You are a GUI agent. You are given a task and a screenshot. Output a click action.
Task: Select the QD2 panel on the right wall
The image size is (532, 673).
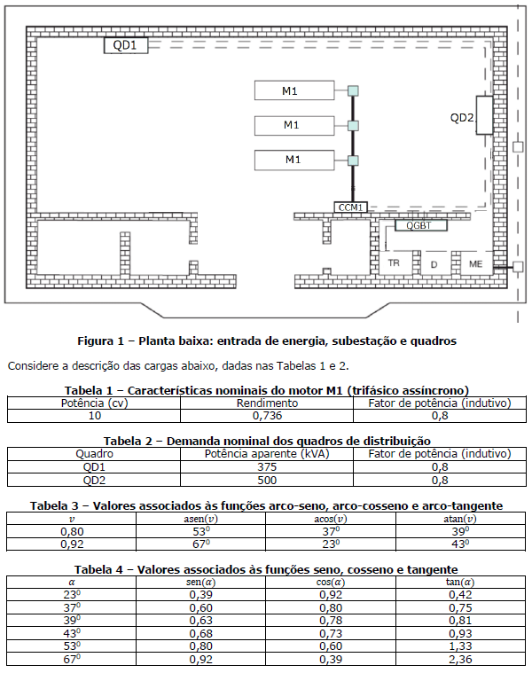[484, 115]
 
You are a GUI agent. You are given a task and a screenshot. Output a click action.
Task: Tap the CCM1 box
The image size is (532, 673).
[351, 207]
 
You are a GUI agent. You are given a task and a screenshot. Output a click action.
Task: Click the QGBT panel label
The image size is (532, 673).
[420, 225]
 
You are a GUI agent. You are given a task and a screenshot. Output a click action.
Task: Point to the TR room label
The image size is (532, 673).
[395, 264]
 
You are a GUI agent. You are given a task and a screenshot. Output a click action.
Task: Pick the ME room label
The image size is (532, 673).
[476, 264]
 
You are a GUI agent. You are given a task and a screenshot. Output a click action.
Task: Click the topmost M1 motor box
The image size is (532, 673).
[290, 91]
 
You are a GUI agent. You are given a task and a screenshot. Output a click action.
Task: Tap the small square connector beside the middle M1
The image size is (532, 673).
[353, 125]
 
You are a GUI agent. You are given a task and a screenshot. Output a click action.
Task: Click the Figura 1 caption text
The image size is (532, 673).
[266, 340]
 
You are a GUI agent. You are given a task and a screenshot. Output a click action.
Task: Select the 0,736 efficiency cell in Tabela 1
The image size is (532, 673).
[266, 415]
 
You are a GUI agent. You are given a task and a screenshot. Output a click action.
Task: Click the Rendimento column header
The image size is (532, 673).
[266, 403]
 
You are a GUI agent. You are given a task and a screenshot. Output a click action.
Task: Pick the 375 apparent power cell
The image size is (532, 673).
[266, 466]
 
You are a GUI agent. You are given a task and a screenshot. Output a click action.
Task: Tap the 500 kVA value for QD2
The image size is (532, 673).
[266, 480]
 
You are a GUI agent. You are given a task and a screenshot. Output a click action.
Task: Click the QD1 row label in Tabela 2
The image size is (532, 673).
[94, 466]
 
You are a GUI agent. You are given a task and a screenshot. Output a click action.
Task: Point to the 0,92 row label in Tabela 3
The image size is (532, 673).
[72, 544]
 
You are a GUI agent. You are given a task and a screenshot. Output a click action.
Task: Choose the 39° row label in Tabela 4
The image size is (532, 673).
[72, 620]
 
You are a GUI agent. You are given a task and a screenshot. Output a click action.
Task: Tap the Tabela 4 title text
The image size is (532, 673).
[266, 569]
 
